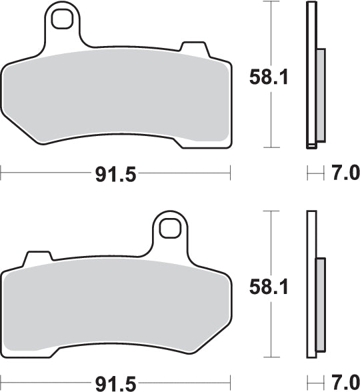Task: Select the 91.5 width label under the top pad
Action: (115, 175)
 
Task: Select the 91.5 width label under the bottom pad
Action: (115, 383)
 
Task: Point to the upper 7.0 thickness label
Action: (345, 175)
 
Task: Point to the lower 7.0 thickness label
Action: (345, 383)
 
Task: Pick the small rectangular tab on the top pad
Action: (193, 47)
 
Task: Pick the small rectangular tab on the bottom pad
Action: (37, 257)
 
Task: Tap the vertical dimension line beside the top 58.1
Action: (269, 113)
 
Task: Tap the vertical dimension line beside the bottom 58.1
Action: (269, 327)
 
